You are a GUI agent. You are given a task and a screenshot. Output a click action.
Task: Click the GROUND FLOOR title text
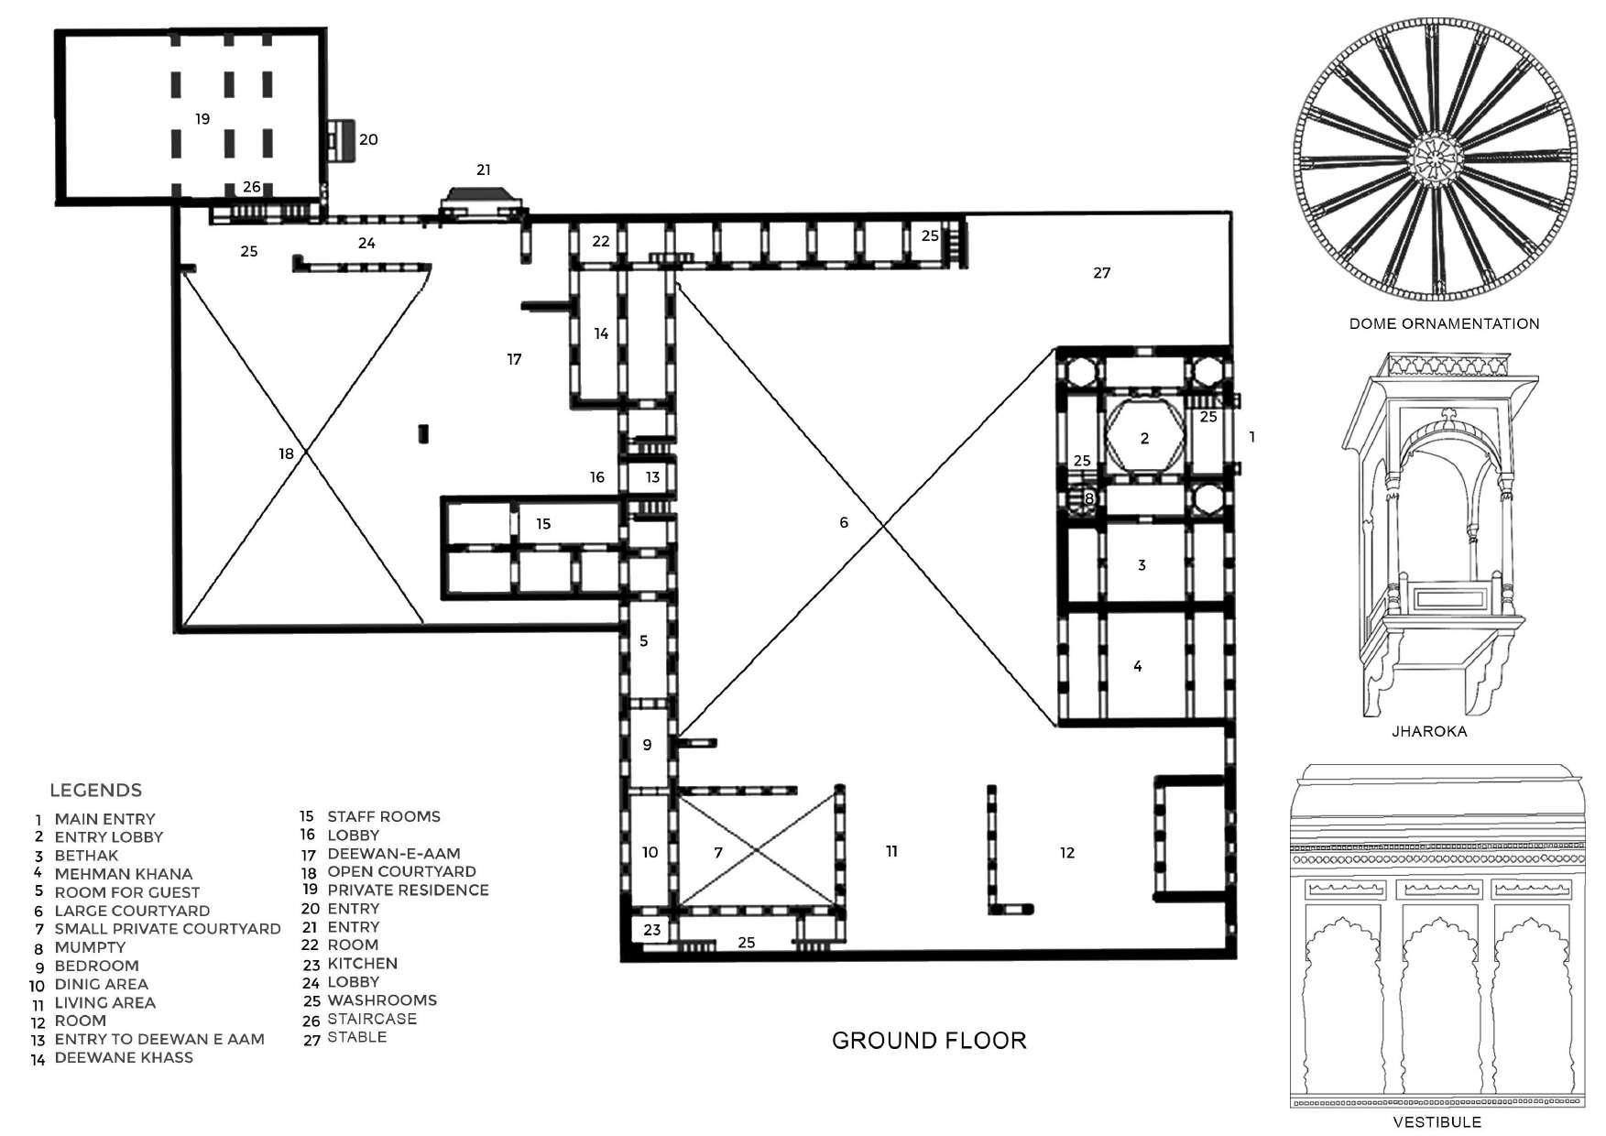coord(929,1041)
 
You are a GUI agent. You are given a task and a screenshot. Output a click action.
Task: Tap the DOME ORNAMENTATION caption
coord(1444,323)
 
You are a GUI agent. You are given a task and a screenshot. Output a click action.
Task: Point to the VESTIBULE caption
coord(1437,1121)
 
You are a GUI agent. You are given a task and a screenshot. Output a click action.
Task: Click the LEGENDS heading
coord(95,790)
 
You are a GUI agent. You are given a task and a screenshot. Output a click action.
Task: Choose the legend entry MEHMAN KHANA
coord(123,874)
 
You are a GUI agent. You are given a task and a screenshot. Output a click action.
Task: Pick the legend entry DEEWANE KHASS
coord(123,1057)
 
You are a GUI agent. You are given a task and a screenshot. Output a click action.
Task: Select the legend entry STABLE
coord(356,1037)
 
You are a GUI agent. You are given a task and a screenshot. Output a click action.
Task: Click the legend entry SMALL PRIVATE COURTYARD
coord(167,929)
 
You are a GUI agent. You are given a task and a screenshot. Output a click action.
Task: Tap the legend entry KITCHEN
coord(362,964)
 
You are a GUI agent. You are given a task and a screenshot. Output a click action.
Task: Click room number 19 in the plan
coord(202,119)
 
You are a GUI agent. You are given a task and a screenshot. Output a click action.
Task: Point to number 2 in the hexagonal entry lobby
coord(1144,439)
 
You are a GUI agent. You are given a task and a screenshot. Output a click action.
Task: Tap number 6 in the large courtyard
coord(844,522)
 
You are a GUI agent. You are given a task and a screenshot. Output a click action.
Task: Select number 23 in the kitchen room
coord(651,930)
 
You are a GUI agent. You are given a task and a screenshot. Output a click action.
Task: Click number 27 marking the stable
coord(1101,273)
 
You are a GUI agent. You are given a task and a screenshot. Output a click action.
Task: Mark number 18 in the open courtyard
coord(287,453)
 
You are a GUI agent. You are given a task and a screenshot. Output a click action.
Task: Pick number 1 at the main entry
coord(1252,438)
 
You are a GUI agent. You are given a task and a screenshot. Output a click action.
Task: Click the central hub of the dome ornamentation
coord(1436,161)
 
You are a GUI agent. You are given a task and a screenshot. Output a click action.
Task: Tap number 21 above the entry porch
coord(484,169)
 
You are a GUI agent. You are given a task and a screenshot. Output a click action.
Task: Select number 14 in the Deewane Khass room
coord(601,333)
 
